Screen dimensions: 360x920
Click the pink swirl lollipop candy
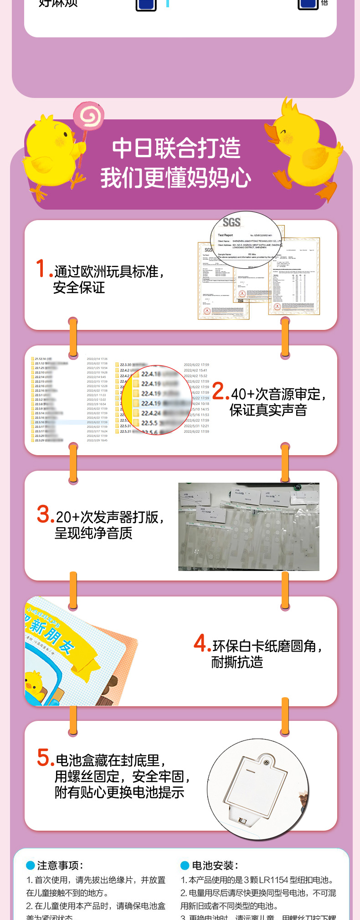point(89,116)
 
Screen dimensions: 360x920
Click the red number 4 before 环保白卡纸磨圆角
point(201,643)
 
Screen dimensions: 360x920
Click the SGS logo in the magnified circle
point(231,222)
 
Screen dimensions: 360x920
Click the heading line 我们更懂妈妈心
point(176,178)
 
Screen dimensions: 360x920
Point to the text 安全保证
point(79,288)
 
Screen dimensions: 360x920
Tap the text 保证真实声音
point(268,410)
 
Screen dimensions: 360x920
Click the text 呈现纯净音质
point(93,533)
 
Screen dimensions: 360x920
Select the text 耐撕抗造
point(237,662)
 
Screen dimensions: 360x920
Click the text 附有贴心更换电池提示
point(119,792)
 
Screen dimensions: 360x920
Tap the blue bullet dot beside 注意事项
point(31,865)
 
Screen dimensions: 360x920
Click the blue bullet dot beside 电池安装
point(185,865)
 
